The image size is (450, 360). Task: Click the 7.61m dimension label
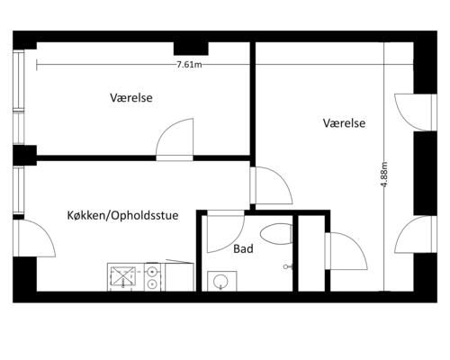[x=189, y=65]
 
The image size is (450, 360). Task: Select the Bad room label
[x=242, y=249]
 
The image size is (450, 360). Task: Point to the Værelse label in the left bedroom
[x=132, y=96]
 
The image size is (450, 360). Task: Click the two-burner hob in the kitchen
[x=154, y=276]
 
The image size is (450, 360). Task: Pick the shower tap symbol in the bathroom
[x=287, y=267]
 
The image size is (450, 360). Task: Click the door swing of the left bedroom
[x=175, y=139]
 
